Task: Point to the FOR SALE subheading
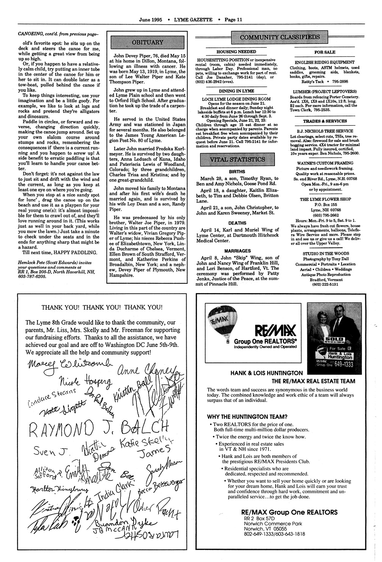(x=324, y=52)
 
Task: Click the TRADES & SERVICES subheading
(x=324, y=121)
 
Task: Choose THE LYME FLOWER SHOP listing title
(x=325, y=199)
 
